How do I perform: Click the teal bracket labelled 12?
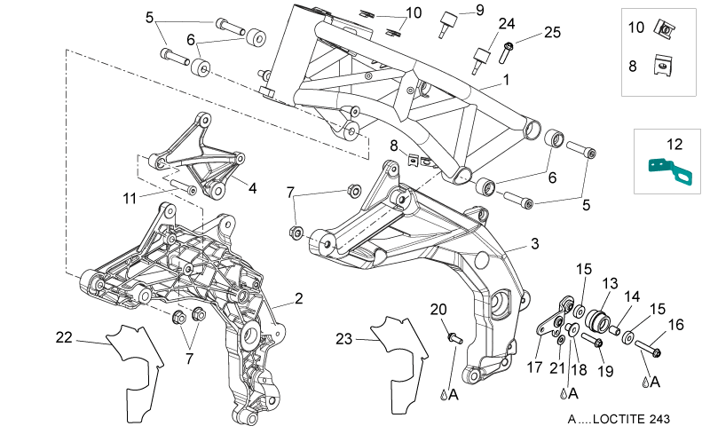click(x=670, y=171)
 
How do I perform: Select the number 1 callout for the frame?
click(x=506, y=80)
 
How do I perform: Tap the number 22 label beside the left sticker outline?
click(x=64, y=337)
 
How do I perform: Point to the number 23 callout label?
click(x=344, y=339)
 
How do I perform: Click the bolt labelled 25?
click(x=505, y=52)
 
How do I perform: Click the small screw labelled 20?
click(x=454, y=337)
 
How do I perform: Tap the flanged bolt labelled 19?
click(x=592, y=341)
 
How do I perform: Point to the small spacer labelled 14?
click(x=614, y=330)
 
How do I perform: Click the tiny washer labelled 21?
click(x=561, y=340)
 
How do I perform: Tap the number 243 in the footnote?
click(x=659, y=419)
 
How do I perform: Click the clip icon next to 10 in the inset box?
click(x=665, y=29)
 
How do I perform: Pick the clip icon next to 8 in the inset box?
click(x=662, y=65)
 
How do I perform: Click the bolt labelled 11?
click(x=184, y=186)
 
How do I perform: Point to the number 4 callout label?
click(x=253, y=188)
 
